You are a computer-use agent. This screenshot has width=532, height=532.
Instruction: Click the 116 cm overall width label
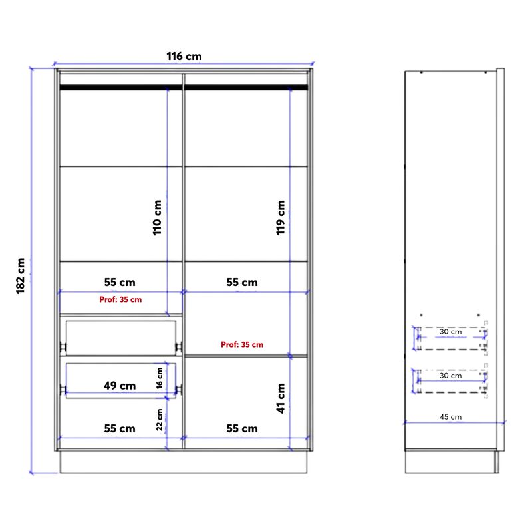pos(184,57)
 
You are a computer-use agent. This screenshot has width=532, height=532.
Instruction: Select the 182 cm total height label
pos(21,275)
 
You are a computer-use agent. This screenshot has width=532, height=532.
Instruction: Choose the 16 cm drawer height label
pos(160,378)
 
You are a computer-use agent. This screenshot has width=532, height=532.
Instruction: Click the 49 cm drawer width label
pos(120,385)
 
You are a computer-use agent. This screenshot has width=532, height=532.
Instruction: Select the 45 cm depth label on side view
pos(451,417)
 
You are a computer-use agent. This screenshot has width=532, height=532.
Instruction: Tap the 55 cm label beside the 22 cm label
pos(120,428)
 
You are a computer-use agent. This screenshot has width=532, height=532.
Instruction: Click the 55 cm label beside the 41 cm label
pos(241,428)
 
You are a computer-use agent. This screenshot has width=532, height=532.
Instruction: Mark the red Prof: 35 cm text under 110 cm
pos(120,299)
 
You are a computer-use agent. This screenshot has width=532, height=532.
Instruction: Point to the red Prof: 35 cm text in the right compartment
pos(242,344)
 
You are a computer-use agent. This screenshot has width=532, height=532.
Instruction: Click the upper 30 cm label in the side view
pos(450,331)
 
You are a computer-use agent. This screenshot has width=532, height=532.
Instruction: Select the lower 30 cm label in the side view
pos(450,376)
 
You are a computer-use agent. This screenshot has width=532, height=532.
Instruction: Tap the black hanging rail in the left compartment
pos(120,86)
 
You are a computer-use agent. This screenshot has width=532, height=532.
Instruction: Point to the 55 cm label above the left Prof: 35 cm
pos(120,282)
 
